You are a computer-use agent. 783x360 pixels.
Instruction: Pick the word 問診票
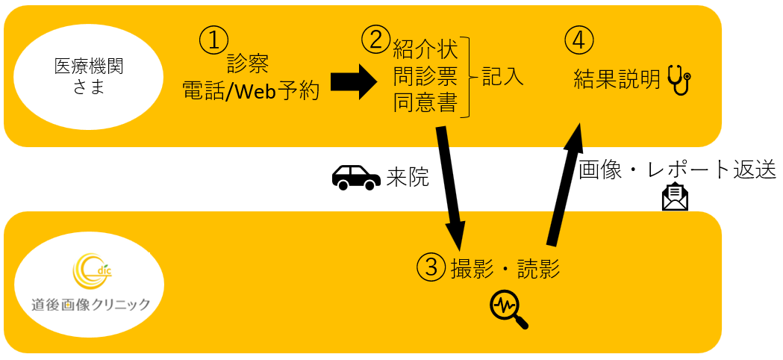(x=425, y=77)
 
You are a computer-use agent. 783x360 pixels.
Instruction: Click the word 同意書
(x=425, y=102)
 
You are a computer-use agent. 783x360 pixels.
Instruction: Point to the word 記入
(x=502, y=76)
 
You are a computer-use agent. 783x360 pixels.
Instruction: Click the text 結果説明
(x=617, y=78)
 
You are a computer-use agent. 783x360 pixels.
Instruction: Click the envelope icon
(x=675, y=196)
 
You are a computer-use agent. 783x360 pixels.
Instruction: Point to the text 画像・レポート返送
(x=678, y=170)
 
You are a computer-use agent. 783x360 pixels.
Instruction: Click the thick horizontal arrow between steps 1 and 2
(x=355, y=80)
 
